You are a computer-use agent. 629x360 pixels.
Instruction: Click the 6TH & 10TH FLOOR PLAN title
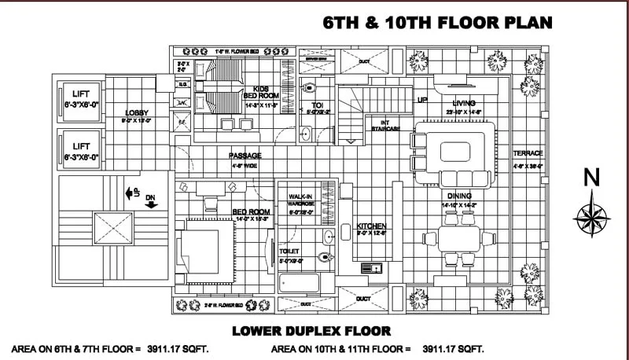click(438, 23)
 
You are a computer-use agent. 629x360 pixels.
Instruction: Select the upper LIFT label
click(81, 92)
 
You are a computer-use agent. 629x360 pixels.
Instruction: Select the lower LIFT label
click(81, 146)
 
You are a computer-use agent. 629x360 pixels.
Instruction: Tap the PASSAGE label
click(245, 156)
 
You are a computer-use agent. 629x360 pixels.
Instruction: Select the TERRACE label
click(528, 153)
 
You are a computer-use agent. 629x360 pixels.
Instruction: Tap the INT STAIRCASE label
click(385, 124)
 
